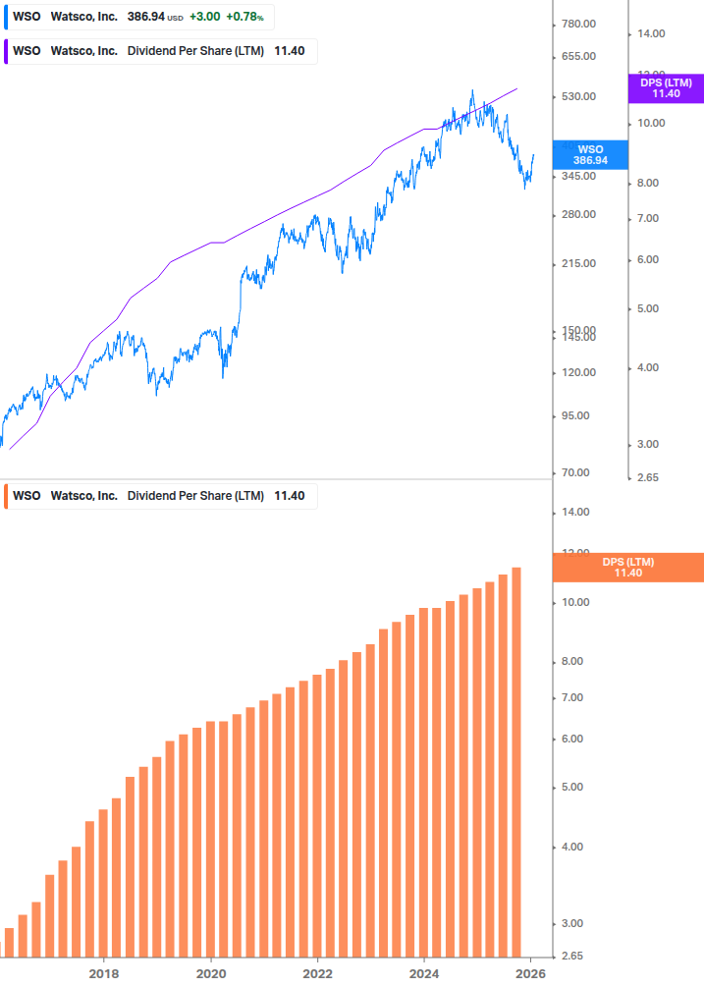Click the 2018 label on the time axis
click(104, 973)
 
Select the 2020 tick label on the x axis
click(211, 973)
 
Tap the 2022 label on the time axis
click(318, 973)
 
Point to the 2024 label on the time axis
click(424, 973)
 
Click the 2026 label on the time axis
click(531, 973)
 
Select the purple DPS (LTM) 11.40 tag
click(666, 88)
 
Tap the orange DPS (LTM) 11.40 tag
click(627, 568)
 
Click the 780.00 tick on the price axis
click(576, 24)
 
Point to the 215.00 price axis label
click(576, 263)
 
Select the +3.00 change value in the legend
click(205, 18)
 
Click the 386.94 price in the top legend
click(145, 18)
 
